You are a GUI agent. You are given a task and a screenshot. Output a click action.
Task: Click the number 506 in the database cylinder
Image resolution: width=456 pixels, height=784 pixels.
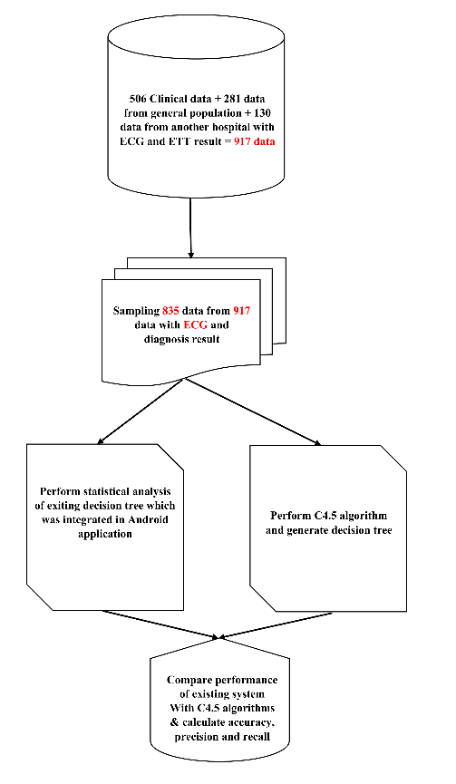(138, 99)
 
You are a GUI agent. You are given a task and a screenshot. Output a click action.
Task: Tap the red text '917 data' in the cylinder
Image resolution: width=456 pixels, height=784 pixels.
(255, 141)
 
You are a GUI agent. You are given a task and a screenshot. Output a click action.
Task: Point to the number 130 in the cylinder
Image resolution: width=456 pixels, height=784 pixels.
(262, 112)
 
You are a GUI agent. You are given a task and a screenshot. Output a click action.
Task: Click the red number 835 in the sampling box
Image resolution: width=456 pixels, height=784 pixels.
(170, 311)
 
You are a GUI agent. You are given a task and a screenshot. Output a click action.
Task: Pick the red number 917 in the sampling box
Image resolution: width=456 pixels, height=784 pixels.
(241, 311)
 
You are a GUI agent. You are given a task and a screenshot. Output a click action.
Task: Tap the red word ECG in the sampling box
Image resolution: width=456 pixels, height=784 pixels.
(196, 324)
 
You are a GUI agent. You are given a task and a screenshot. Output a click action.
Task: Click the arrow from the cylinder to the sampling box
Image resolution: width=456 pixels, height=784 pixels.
(190, 228)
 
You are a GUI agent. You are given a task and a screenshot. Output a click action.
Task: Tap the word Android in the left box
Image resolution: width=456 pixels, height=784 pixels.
(148, 519)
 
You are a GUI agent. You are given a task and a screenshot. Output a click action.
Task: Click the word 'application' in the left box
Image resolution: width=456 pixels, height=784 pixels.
(105, 534)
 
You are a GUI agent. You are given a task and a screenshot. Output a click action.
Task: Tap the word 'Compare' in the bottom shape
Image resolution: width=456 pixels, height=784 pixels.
(187, 680)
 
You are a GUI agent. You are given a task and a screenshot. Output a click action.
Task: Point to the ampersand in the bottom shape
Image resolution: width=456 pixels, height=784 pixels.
(174, 722)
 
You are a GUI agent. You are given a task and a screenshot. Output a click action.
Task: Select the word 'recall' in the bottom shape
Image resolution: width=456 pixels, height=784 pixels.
(257, 737)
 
